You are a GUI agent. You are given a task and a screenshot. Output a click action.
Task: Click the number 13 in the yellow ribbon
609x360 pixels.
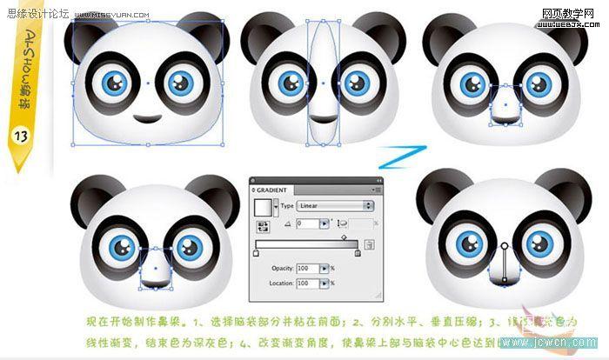[x=19, y=136]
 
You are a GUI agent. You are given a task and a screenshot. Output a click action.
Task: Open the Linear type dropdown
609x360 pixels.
[x=335, y=206]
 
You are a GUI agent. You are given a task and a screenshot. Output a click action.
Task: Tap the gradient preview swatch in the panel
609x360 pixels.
[x=262, y=207]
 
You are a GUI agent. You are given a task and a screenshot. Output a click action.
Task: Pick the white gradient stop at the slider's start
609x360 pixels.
[x=256, y=254]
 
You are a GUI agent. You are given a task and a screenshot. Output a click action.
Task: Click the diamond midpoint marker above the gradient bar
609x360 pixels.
[x=344, y=237]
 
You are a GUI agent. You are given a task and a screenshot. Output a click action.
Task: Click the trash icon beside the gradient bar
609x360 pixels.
[x=370, y=245]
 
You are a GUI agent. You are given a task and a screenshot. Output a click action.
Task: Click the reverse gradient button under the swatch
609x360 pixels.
[x=261, y=224]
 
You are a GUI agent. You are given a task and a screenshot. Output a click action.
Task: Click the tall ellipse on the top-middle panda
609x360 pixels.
[x=322, y=83]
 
